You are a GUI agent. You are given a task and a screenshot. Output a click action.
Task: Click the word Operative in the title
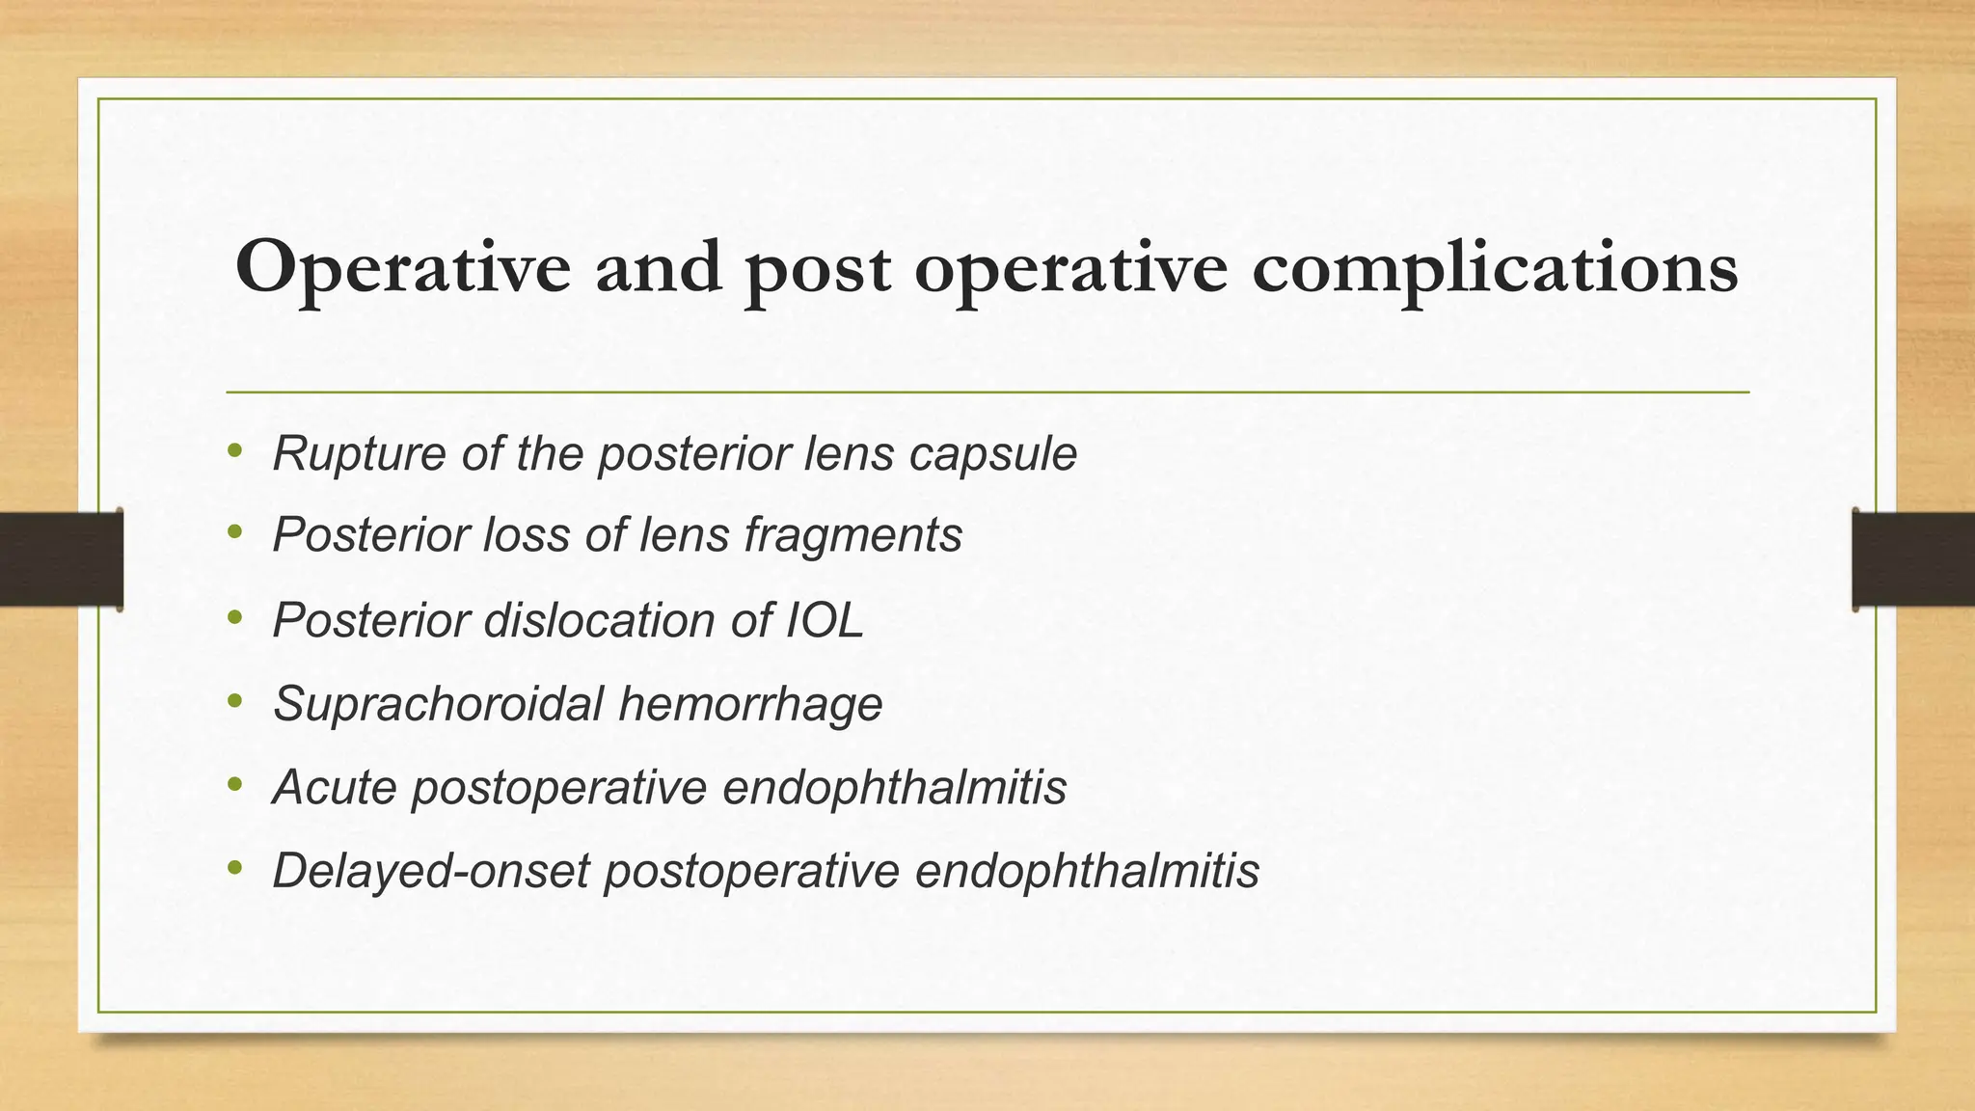(x=403, y=268)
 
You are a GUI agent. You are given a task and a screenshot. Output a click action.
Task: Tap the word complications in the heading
(x=1495, y=268)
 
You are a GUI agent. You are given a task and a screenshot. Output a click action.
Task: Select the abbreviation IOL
(x=825, y=620)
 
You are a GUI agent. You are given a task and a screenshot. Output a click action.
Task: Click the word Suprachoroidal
(x=438, y=704)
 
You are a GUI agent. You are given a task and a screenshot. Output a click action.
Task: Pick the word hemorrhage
(x=750, y=704)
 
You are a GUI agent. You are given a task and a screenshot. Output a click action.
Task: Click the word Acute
(x=335, y=787)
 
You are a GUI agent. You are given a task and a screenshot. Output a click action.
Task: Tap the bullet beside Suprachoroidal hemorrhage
(x=234, y=700)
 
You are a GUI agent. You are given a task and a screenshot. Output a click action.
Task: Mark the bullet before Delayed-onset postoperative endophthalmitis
(x=234, y=867)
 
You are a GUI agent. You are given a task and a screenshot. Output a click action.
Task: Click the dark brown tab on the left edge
(x=61, y=559)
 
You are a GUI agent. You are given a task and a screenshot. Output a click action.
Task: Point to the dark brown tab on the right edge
(x=1913, y=559)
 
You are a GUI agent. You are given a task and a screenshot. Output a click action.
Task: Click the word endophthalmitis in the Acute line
(x=894, y=788)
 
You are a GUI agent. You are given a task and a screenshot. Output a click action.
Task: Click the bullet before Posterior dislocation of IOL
(x=234, y=616)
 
